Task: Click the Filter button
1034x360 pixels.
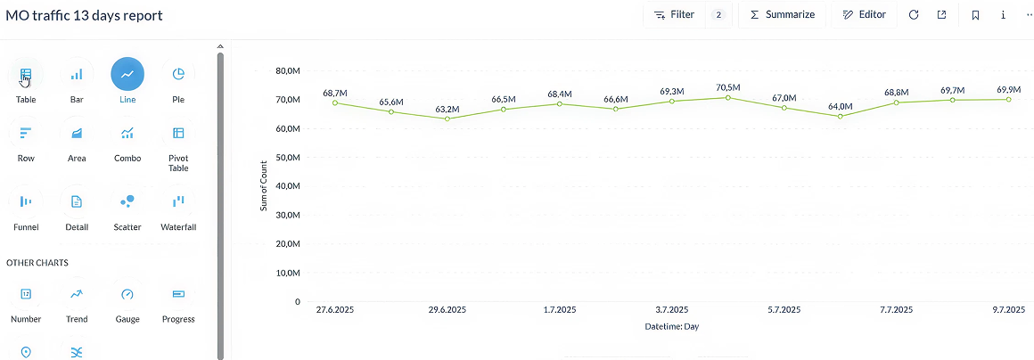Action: (x=675, y=15)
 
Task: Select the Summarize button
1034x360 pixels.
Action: (x=782, y=15)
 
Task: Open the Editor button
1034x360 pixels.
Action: (x=864, y=15)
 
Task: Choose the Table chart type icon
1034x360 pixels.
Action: (x=26, y=75)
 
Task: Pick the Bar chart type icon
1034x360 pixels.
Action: (x=77, y=75)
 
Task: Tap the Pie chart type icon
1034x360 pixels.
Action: (x=178, y=75)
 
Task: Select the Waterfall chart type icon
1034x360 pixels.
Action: (x=178, y=202)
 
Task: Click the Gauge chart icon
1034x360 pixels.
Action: (x=127, y=294)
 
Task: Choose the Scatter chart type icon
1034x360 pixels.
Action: (x=127, y=202)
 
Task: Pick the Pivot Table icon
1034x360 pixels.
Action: (x=178, y=134)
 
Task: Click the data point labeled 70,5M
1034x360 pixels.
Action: (x=728, y=97)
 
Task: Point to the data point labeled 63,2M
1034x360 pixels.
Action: (x=447, y=119)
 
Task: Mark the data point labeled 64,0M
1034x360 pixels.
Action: (x=840, y=116)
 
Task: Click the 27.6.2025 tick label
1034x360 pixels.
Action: (x=335, y=310)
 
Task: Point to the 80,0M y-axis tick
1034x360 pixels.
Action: (x=287, y=70)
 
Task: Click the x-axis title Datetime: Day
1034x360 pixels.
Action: (x=672, y=327)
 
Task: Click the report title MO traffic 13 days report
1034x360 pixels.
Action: (x=85, y=16)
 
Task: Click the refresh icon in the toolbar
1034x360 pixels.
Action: (x=914, y=15)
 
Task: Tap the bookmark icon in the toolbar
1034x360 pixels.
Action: (x=976, y=15)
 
